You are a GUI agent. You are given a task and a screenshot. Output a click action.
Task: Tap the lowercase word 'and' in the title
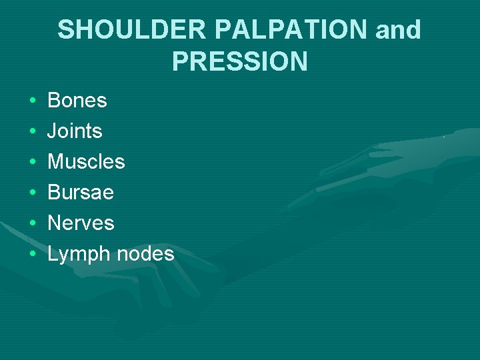click(399, 30)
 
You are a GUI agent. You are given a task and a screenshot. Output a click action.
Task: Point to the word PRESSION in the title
click(239, 61)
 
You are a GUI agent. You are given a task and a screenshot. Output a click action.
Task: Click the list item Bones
click(77, 101)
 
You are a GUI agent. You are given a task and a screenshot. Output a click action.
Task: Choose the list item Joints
click(75, 131)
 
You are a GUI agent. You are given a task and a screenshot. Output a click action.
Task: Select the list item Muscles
click(86, 162)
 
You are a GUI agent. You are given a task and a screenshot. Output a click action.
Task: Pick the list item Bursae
click(81, 193)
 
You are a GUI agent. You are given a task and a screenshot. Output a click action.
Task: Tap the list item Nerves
click(81, 223)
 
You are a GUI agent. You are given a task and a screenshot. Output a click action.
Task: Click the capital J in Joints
click(52, 131)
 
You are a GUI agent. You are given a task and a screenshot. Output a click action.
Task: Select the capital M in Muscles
click(56, 162)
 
